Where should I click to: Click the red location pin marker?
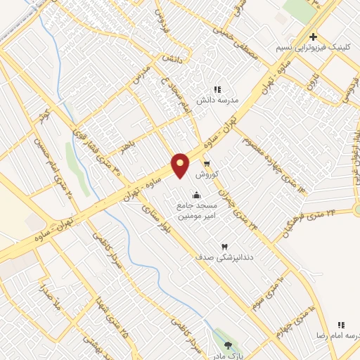[x=181, y=165]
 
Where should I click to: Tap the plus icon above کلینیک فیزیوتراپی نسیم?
[x=314, y=37]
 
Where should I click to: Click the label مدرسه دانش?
[x=218, y=101]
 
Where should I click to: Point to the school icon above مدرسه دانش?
[x=218, y=90]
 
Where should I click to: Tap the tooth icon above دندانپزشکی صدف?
[x=225, y=247]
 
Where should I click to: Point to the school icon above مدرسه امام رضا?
[x=342, y=325]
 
